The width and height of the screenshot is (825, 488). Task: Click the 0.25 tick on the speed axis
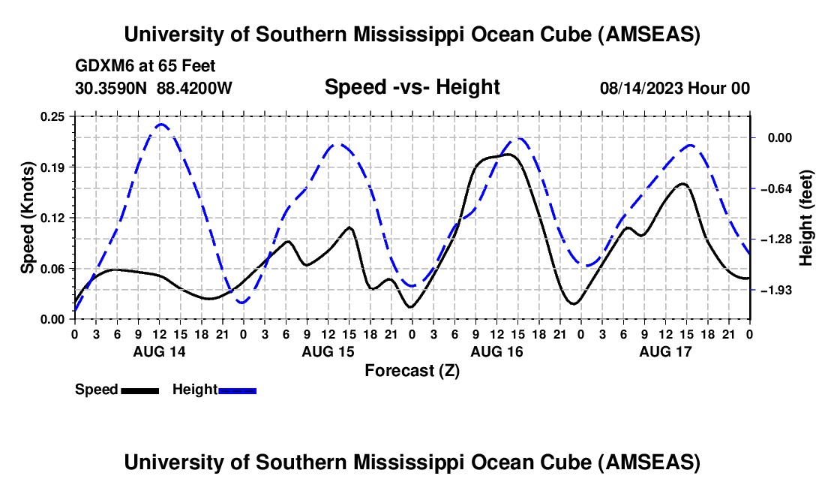point(53,116)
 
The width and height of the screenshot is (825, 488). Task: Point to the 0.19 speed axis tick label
point(53,167)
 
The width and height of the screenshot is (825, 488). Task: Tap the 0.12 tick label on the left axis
point(53,218)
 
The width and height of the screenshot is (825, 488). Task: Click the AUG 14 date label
point(158,351)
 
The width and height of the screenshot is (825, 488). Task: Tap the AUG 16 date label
point(496,351)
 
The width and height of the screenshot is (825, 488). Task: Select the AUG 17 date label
point(664,351)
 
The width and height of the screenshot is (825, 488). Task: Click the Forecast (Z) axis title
point(412,370)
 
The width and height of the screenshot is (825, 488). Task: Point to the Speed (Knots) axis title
point(28,218)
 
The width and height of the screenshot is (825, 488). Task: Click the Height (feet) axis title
point(806,218)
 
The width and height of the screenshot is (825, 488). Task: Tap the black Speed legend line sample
point(139,390)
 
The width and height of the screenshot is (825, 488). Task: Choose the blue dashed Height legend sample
point(237,390)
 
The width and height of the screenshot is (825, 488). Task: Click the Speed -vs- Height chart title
point(412,87)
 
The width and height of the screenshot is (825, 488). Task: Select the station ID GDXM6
point(101,66)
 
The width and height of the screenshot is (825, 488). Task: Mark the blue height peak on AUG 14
point(160,124)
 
